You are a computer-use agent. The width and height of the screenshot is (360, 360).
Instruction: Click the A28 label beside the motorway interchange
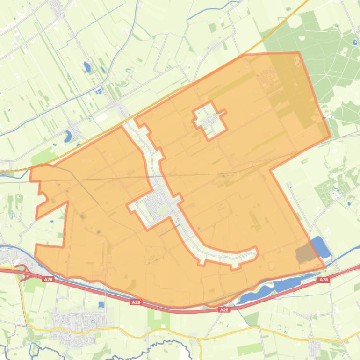(x=48, y=279)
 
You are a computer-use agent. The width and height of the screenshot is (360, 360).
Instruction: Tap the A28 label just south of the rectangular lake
(x=324, y=280)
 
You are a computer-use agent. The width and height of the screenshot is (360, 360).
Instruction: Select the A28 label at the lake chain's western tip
(x=224, y=310)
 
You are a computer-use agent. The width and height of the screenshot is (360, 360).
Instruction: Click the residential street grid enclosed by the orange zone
(x=157, y=206)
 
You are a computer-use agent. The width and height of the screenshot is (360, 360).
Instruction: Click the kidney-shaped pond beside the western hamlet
(x=68, y=137)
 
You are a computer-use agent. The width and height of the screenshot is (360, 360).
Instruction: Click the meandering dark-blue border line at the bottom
(x=154, y=348)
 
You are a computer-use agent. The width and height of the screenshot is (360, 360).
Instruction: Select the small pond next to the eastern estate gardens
(x=349, y=203)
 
